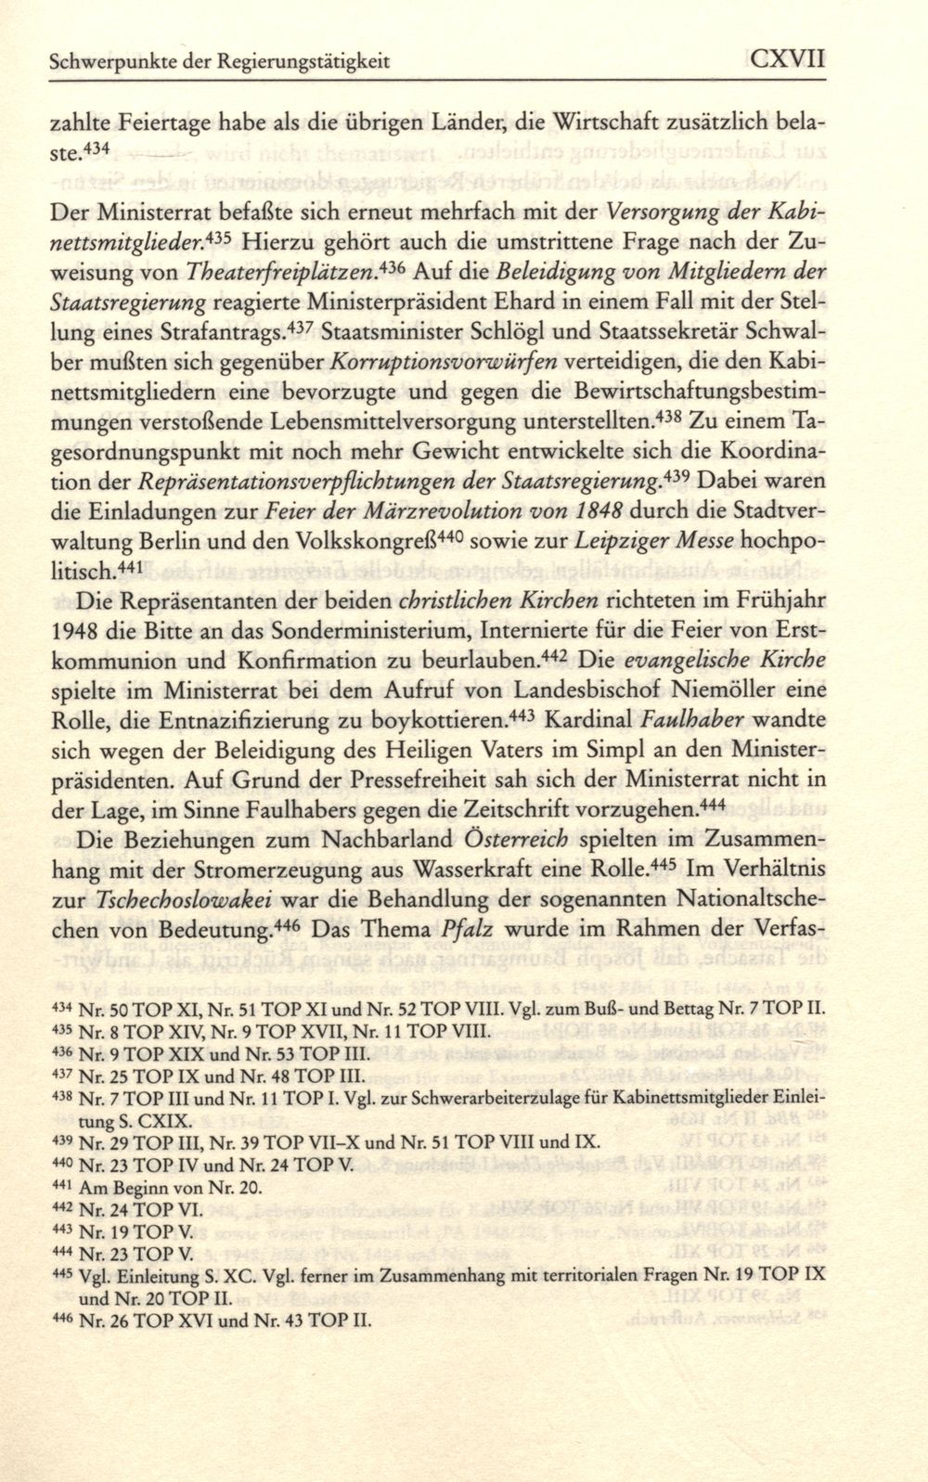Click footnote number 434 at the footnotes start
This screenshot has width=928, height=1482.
[x=61, y=1006]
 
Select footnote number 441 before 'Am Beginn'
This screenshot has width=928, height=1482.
[x=61, y=1185]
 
